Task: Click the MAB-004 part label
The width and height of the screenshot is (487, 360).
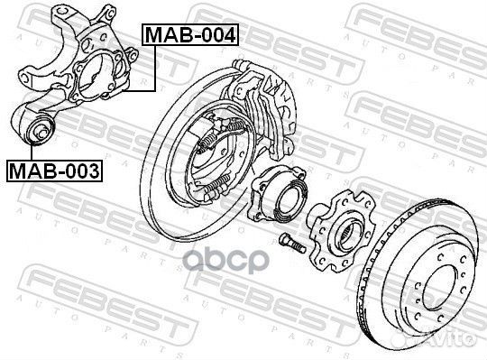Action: click(189, 36)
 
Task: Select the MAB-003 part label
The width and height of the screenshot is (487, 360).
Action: click(54, 169)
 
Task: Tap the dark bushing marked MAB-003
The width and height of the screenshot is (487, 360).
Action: click(40, 132)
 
